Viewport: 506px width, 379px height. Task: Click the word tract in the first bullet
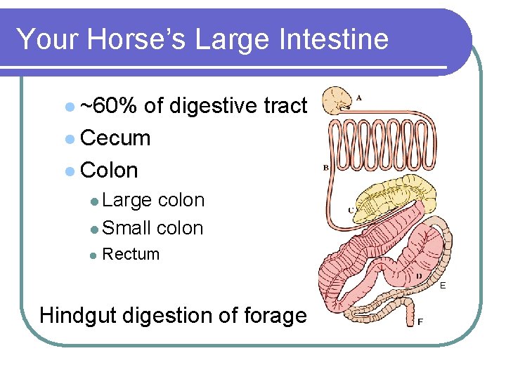(285, 106)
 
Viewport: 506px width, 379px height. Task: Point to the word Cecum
(115, 138)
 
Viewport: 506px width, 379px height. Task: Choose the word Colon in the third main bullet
(109, 171)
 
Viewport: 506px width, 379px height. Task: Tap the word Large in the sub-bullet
(126, 200)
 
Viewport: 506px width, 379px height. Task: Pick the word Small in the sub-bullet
(127, 228)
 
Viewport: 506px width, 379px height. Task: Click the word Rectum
(131, 254)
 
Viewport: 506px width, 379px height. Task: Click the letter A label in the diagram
(359, 98)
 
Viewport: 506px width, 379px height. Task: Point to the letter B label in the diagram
(326, 168)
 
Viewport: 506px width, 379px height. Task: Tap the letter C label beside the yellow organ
(351, 210)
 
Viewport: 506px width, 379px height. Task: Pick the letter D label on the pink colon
(419, 276)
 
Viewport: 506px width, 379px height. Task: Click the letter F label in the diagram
(420, 323)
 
